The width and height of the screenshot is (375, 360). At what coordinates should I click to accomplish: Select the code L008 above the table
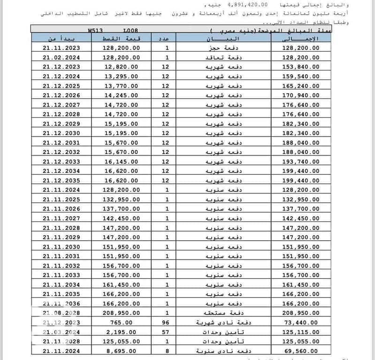coord(131,31)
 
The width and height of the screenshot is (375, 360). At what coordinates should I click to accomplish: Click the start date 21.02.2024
coord(61,57)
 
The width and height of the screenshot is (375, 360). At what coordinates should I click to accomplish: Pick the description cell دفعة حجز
coord(216,48)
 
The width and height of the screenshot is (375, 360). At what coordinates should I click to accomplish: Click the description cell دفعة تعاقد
coord(216,57)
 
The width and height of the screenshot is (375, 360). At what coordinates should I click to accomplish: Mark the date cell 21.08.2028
coord(61,313)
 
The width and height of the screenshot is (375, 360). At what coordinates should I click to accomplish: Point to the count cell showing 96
coord(166,322)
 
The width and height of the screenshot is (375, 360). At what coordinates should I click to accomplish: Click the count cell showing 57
coord(166,332)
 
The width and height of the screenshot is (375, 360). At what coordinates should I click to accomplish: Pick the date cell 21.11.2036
coord(61,304)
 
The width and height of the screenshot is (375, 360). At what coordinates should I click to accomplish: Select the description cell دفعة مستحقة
coord(216,313)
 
